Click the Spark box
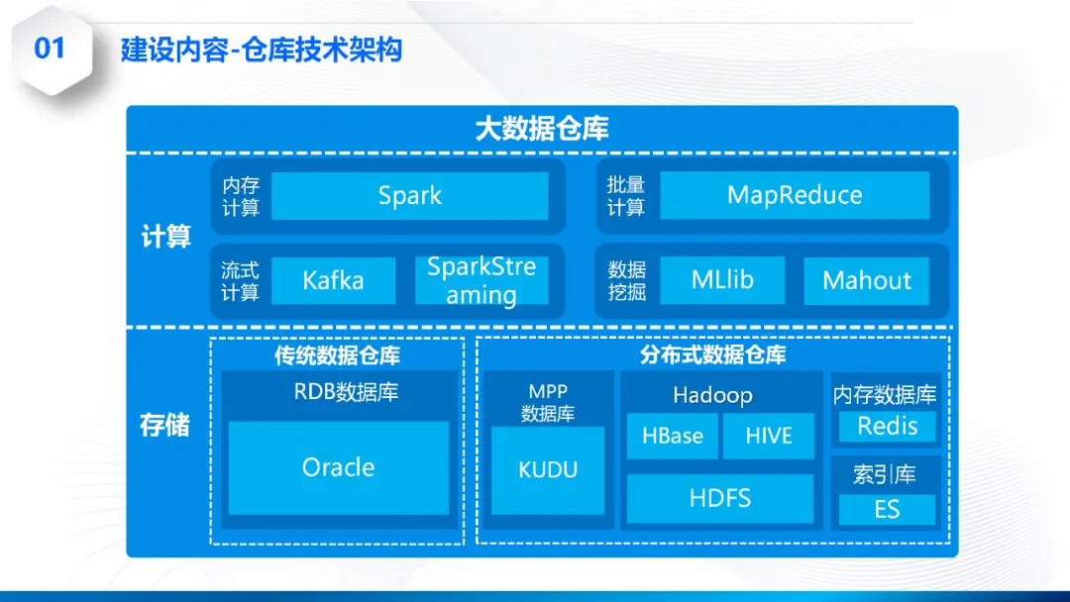click(x=409, y=196)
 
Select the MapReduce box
click(x=795, y=195)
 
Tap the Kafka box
click(x=333, y=281)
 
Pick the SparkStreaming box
click(x=481, y=281)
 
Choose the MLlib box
click(x=722, y=280)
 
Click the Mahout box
click(x=866, y=281)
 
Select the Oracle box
click(x=338, y=467)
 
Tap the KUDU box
click(x=548, y=470)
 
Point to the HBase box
click(x=673, y=437)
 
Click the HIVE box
click(x=768, y=437)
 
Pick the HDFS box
click(x=720, y=498)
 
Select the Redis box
click(x=887, y=427)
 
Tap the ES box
click(x=887, y=510)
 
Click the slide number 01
click(x=50, y=49)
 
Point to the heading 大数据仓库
click(x=542, y=129)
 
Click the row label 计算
click(x=165, y=238)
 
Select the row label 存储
click(x=165, y=427)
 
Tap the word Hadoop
click(x=712, y=396)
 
